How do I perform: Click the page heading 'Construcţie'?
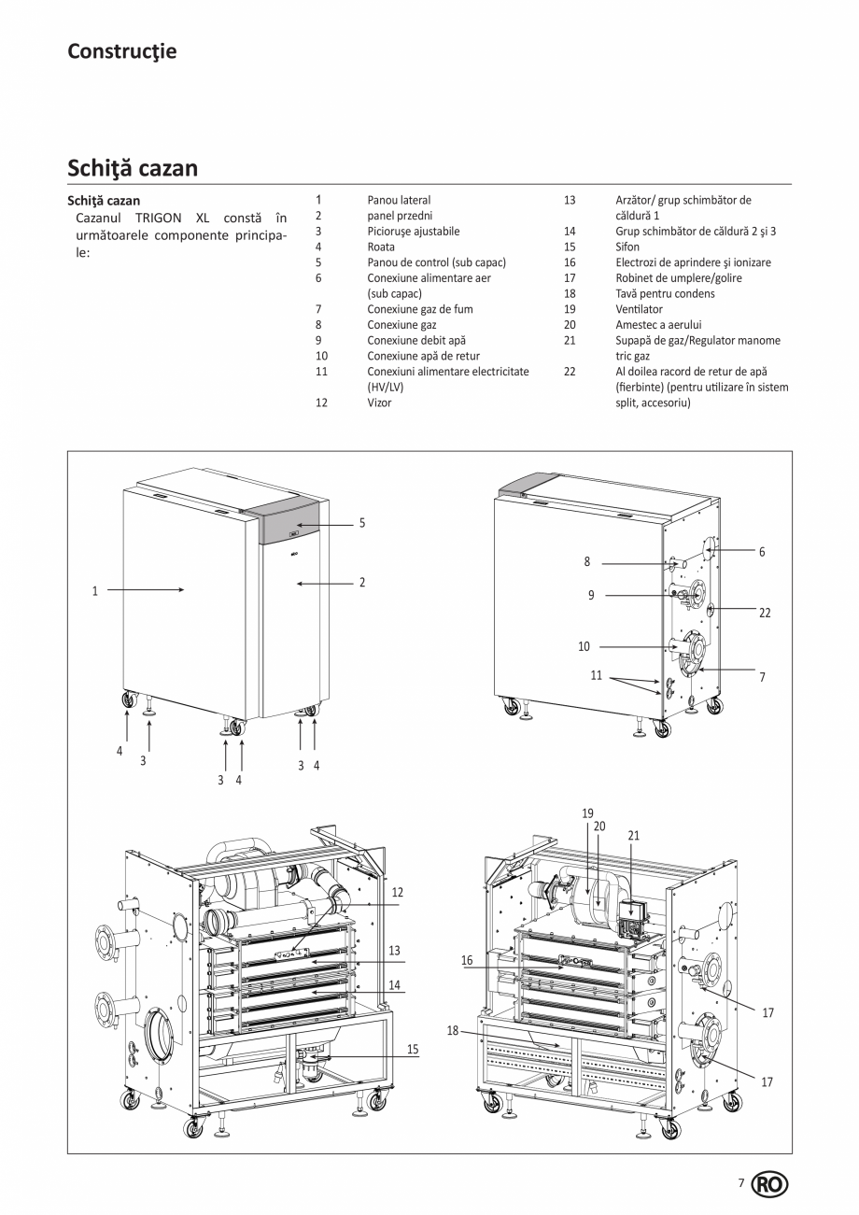click(x=121, y=51)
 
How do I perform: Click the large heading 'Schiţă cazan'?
click(x=133, y=168)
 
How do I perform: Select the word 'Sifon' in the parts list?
click(x=627, y=247)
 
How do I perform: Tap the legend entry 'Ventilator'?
click(x=639, y=309)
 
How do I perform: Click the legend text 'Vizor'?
click(x=379, y=403)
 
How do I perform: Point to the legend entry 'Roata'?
click(x=381, y=247)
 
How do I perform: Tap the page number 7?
click(x=741, y=1183)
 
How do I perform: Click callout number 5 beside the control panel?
click(x=362, y=523)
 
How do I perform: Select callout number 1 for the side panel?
click(x=94, y=590)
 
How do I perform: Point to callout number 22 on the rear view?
click(x=765, y=614)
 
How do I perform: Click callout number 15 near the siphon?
click(x=412, y=1050)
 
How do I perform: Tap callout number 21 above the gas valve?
click(x=633, y=836)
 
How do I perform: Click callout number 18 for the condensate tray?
click(x=453, y=1031)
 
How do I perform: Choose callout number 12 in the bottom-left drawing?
click(x=397, y=893)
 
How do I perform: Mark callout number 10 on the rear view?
click(x=584, y=646)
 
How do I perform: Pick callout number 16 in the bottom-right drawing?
click(x=467, y=960)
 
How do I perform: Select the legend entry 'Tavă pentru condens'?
click(x=665, y=293)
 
